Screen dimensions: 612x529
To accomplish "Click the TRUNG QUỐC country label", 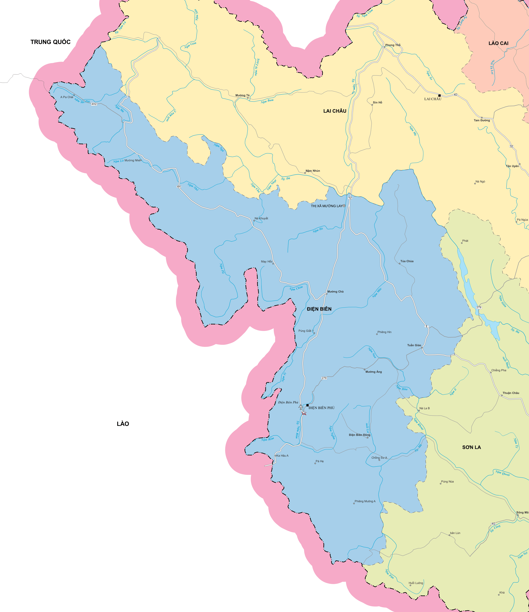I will [x=50, y=42].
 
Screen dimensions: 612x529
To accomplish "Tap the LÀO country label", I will [x=123, y=424].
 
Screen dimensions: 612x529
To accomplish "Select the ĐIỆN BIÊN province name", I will [x=319, y=309].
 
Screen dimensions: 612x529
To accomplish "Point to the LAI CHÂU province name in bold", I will [x=335, y=111].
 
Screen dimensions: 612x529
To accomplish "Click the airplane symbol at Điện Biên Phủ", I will [x=301, y=407].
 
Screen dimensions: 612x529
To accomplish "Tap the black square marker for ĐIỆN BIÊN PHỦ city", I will [x=307, y=405].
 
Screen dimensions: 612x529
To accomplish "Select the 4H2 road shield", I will [x=94, y=104].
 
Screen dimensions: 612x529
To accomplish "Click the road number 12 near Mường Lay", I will [x=350, y=198].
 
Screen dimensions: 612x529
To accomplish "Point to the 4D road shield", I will [x=455, y=95].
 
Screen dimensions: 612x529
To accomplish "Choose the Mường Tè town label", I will [x=242, y=95].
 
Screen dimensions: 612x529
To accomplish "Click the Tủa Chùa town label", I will [x=407, y=261].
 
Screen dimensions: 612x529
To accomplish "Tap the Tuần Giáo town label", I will [x=414, y=345].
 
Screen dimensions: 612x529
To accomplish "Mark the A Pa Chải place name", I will [x=67, y=97].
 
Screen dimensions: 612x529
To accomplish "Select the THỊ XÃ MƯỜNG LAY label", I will [x=326, y=206].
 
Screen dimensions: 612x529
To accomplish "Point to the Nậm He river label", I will [x=318, y=230].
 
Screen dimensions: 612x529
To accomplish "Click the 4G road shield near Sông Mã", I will [x=493, y=524].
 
